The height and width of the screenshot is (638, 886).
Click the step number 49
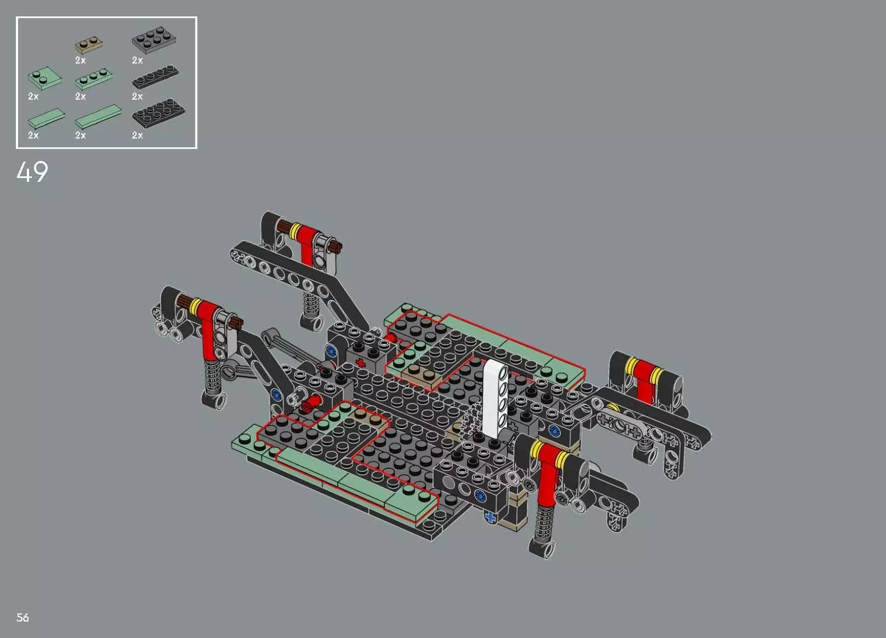pyautogui.click(x=32, y=172)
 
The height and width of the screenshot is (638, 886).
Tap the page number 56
pyautogui.click(x=22, y=618)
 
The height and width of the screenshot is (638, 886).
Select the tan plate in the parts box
pyautogui.click(x=89, y=44)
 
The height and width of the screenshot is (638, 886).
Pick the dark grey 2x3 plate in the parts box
pyautogui.click(x=154, y=39)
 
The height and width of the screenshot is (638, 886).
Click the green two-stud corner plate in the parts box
pyautogui.click(x=42, y=79)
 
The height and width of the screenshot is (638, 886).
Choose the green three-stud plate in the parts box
pyautogui.click(x=94, y=79)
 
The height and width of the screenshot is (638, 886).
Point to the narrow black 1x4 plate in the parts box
pyautogui.click(x=155, y=78)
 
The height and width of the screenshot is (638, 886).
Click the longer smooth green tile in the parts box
pyautogui.click(x=98, y=116)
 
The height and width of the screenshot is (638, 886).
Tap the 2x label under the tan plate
pyautogui.click(x=81, y=60)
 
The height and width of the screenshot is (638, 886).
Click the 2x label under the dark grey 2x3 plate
pyautogui.click(x=137, y=60)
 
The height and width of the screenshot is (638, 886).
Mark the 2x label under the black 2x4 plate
pyautogui.click(x=137, y=135)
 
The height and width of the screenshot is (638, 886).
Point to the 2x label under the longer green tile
pyautogui.click(x=81, y=135)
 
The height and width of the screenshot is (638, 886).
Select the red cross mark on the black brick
pyautogui.click(x=360, y=363)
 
